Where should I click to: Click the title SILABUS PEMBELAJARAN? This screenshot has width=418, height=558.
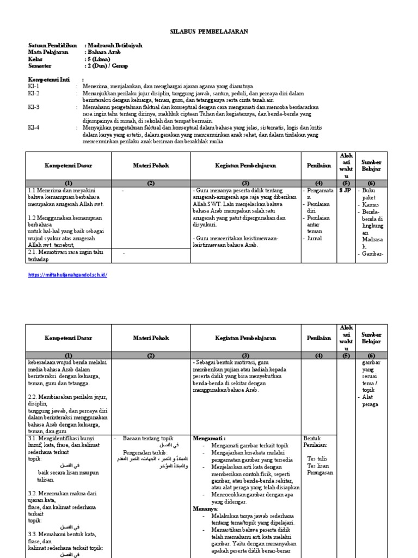click(x=210, y=32)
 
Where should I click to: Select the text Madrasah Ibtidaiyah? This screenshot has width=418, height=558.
click(x=114, y=45)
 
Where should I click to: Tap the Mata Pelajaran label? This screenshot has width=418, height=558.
click(x=48, y=52)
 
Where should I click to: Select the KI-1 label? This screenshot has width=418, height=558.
click(x=34, y=86)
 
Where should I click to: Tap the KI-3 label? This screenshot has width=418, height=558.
click(x=34, y=107)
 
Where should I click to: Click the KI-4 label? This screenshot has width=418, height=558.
click(x=34, y=128)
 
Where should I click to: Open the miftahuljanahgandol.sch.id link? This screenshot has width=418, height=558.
click(x=67, y=275)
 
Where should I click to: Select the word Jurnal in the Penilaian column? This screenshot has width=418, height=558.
click(x=314, y=238)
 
